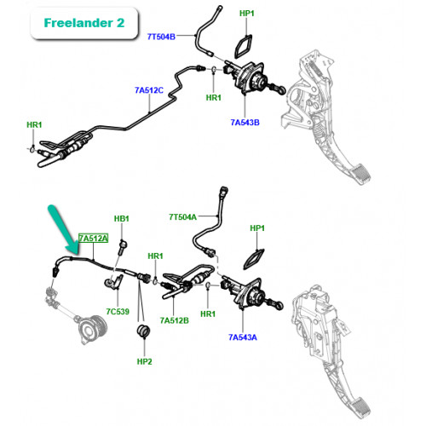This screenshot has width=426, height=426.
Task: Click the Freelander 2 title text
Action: pos(84,23)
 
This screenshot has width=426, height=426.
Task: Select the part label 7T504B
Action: pos(161,37)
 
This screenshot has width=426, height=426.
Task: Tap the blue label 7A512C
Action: pos(149,90)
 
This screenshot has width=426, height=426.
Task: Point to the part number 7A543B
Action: pos(245,123)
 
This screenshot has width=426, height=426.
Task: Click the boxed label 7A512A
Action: pos(94,238)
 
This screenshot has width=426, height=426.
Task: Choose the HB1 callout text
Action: pos(122,219)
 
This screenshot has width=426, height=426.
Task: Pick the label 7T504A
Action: pos(182,217)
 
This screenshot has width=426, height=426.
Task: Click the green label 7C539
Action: pos(118,312)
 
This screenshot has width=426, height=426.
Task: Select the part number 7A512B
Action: pos(175,320)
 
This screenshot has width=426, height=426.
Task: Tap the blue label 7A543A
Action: pos(243,337)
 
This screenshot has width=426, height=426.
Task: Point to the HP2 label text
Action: pos(144,361)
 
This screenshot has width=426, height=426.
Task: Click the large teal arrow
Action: pos(65,230)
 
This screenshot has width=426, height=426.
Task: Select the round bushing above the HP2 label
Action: pos(144,331)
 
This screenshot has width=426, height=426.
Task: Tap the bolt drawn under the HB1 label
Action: pos(123,247)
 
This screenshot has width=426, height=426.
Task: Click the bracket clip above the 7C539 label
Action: pos(114,282)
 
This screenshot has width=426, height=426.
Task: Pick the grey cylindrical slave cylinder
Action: pos(91,329)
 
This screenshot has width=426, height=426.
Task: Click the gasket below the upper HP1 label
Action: pos(243,46)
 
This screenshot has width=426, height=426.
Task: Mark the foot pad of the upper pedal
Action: pos(360,174)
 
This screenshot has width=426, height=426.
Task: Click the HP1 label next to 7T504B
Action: pos(247,14)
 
